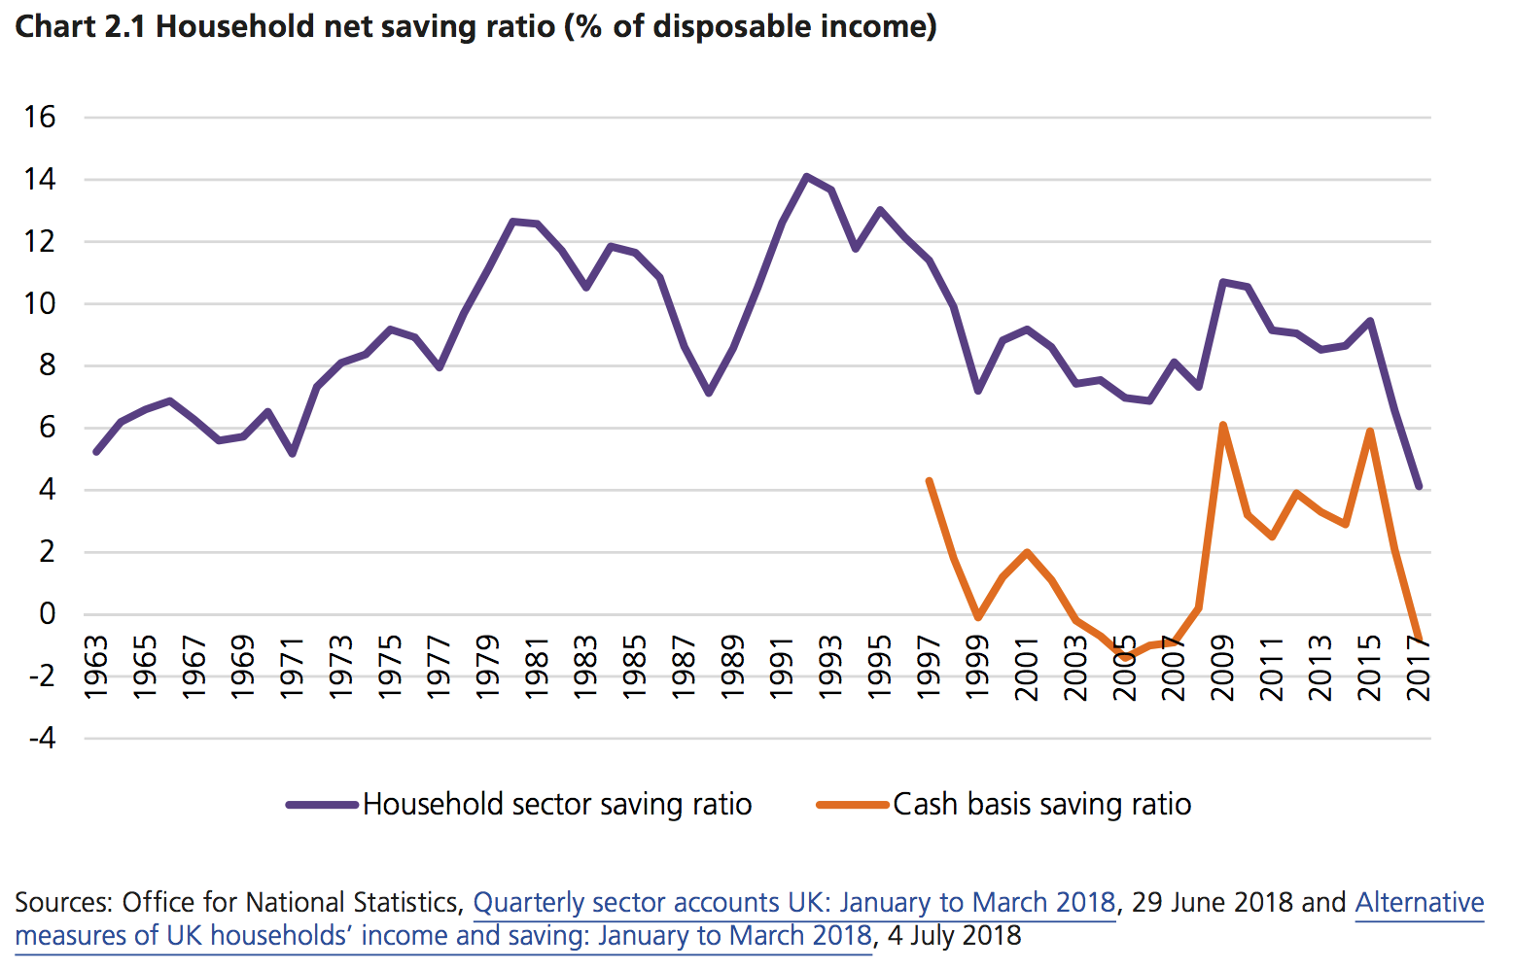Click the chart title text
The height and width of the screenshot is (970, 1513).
[475, 26]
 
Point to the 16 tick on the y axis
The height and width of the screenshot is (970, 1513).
[40, 118]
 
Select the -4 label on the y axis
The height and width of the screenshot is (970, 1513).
[42, 738]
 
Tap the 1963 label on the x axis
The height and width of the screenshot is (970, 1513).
[95, 668]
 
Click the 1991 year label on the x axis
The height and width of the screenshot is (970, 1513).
[781, 668]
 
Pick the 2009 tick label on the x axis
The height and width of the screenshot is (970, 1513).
[1222, 668]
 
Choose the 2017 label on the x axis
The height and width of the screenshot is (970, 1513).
[1419, 668]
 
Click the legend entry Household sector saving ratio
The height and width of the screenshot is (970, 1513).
[556, 805]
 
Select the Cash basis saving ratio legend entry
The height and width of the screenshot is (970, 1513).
[1041, 805]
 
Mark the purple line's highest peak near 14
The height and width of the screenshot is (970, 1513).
[806, 176]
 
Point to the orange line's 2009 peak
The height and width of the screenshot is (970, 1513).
[1222, 425]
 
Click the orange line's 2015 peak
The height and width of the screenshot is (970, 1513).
[1369, 431]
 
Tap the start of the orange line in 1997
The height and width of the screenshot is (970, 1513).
[929, 480]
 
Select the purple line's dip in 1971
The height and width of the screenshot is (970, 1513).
[292, 454]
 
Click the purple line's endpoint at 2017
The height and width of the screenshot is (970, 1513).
[1419, 486]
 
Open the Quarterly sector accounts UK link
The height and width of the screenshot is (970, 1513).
[793, 903]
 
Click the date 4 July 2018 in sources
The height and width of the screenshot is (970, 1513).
[954, 936]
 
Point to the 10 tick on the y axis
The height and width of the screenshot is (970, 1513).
[40, 304]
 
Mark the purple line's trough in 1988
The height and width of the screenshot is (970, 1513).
[709, 393]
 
